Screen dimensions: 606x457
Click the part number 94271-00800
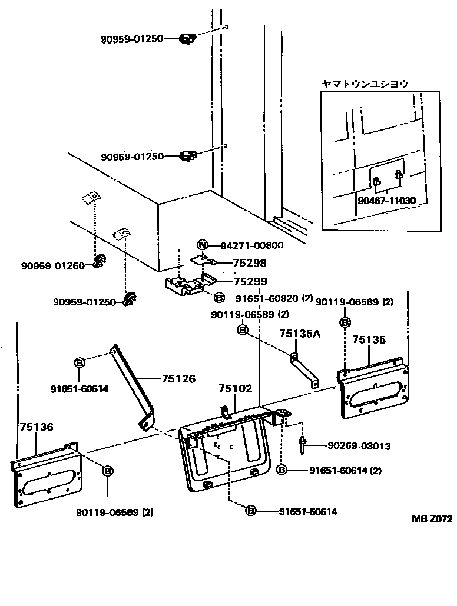pyautogui.click(x=251, y=245)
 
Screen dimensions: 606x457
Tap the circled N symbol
pyautogui.click(x=202, y=245)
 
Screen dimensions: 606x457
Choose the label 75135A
pyautogui.click(x=299, y=334)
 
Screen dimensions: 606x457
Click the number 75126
pyautogui.click(x=179, y=379)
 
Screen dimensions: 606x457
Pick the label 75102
pyautogui.click(x=235, y=389)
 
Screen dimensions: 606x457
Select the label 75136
pyautogui.click(x=37, y=427)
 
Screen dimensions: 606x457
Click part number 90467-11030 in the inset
pyautogui.click(x=386, y=201)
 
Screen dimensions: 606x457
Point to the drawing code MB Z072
pyautogui.click(x=432, y=519)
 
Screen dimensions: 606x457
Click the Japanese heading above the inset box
pyautogui.click(x=365, y=84)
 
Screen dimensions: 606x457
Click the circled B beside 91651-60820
pyautogui.click(x=219, y=298)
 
